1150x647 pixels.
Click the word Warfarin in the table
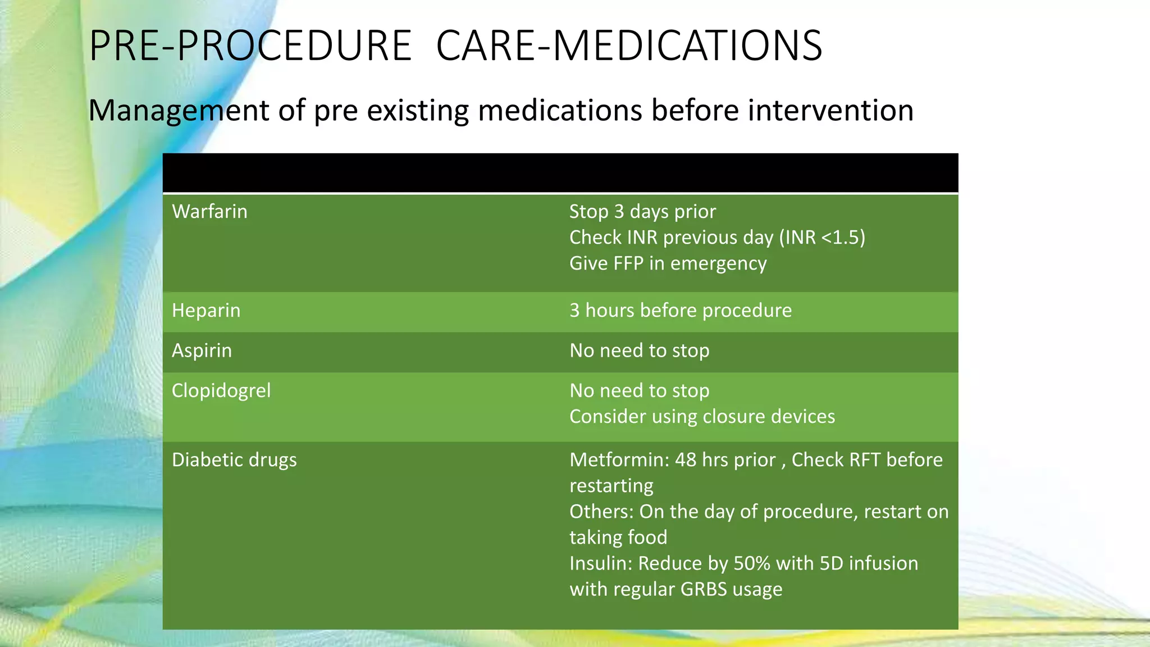(x=209, y=212)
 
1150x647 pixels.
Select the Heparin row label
(x=206, y=311)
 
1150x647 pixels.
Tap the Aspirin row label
(x=202, y=351)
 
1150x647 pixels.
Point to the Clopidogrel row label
(x=221, y=391)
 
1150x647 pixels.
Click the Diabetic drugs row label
(x=234, y=460)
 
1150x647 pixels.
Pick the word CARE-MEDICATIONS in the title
(x=629, y=46)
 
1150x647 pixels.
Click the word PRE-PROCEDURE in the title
(x=250, y=46)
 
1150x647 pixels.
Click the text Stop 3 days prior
(x=642, y=212)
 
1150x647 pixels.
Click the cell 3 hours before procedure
(x=681, y=311)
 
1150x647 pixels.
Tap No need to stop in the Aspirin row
(x=639, y=351)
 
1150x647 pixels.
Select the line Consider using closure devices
(x=702, y=417)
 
